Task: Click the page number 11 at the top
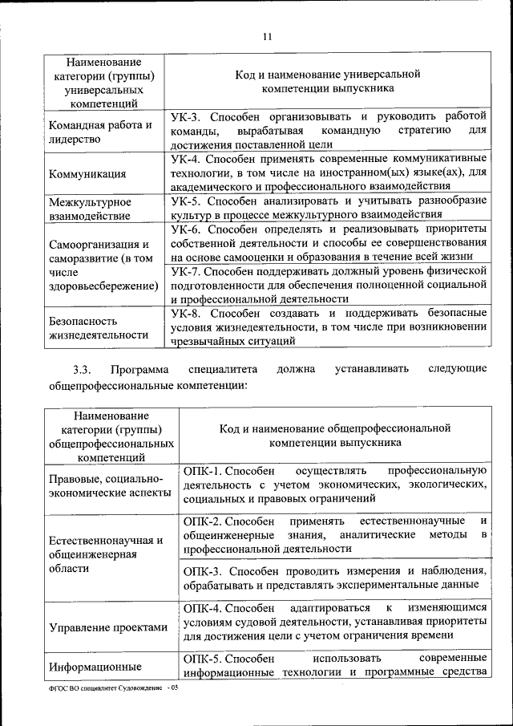(x=268, y=34)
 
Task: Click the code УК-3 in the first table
(x=186, y=117)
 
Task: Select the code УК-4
(x=186, y=158)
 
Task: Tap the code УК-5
(x=186, y=201)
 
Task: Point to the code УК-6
(x=186, y=229)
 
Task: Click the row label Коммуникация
(x=87, y=173)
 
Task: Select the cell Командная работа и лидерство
(x=100, y=132)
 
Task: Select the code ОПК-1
(x=204, y=469)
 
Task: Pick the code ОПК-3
(x=204, y=571)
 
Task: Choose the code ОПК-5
(x=204, y=658)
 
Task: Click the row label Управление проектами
(x=107, y=627)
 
